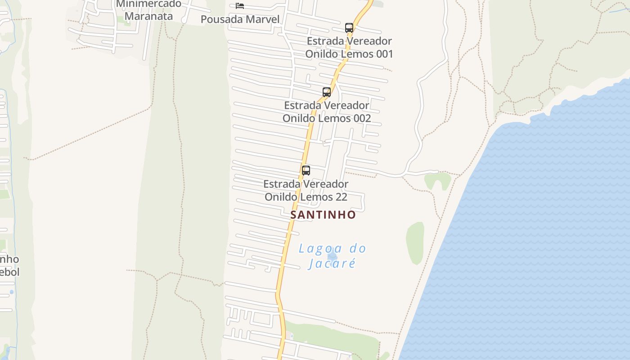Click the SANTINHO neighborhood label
coord(323,215)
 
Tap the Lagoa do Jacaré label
coord(333,255)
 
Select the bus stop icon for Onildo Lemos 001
coord(349,27)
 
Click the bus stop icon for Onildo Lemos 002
coord(327,92)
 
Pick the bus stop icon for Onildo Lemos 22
coord(306,171)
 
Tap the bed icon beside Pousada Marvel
coord(240,6)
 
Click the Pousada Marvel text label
coord(240,19)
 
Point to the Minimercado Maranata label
coord(148,10)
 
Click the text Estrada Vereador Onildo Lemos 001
coord(349,47)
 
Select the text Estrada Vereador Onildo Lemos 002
coord(327,112)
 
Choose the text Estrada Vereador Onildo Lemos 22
coord(306,190)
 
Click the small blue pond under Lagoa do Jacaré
coord(333,256)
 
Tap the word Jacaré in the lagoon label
coord(333,263)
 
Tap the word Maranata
coord(148,16)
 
